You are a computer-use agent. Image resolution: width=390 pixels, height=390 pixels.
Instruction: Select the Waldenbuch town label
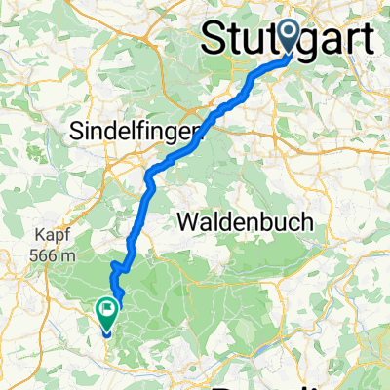click(246, 222)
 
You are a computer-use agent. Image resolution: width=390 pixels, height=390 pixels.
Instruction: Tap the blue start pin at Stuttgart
click(290, 37)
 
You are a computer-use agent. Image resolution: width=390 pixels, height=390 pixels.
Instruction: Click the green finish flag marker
click(105, 313)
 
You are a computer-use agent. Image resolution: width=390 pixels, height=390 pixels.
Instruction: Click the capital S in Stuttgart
click(214, 39)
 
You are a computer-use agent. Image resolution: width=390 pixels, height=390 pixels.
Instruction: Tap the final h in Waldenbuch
click(306, 222)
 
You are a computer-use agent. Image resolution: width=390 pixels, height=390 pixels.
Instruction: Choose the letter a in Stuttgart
click(327, 40)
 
